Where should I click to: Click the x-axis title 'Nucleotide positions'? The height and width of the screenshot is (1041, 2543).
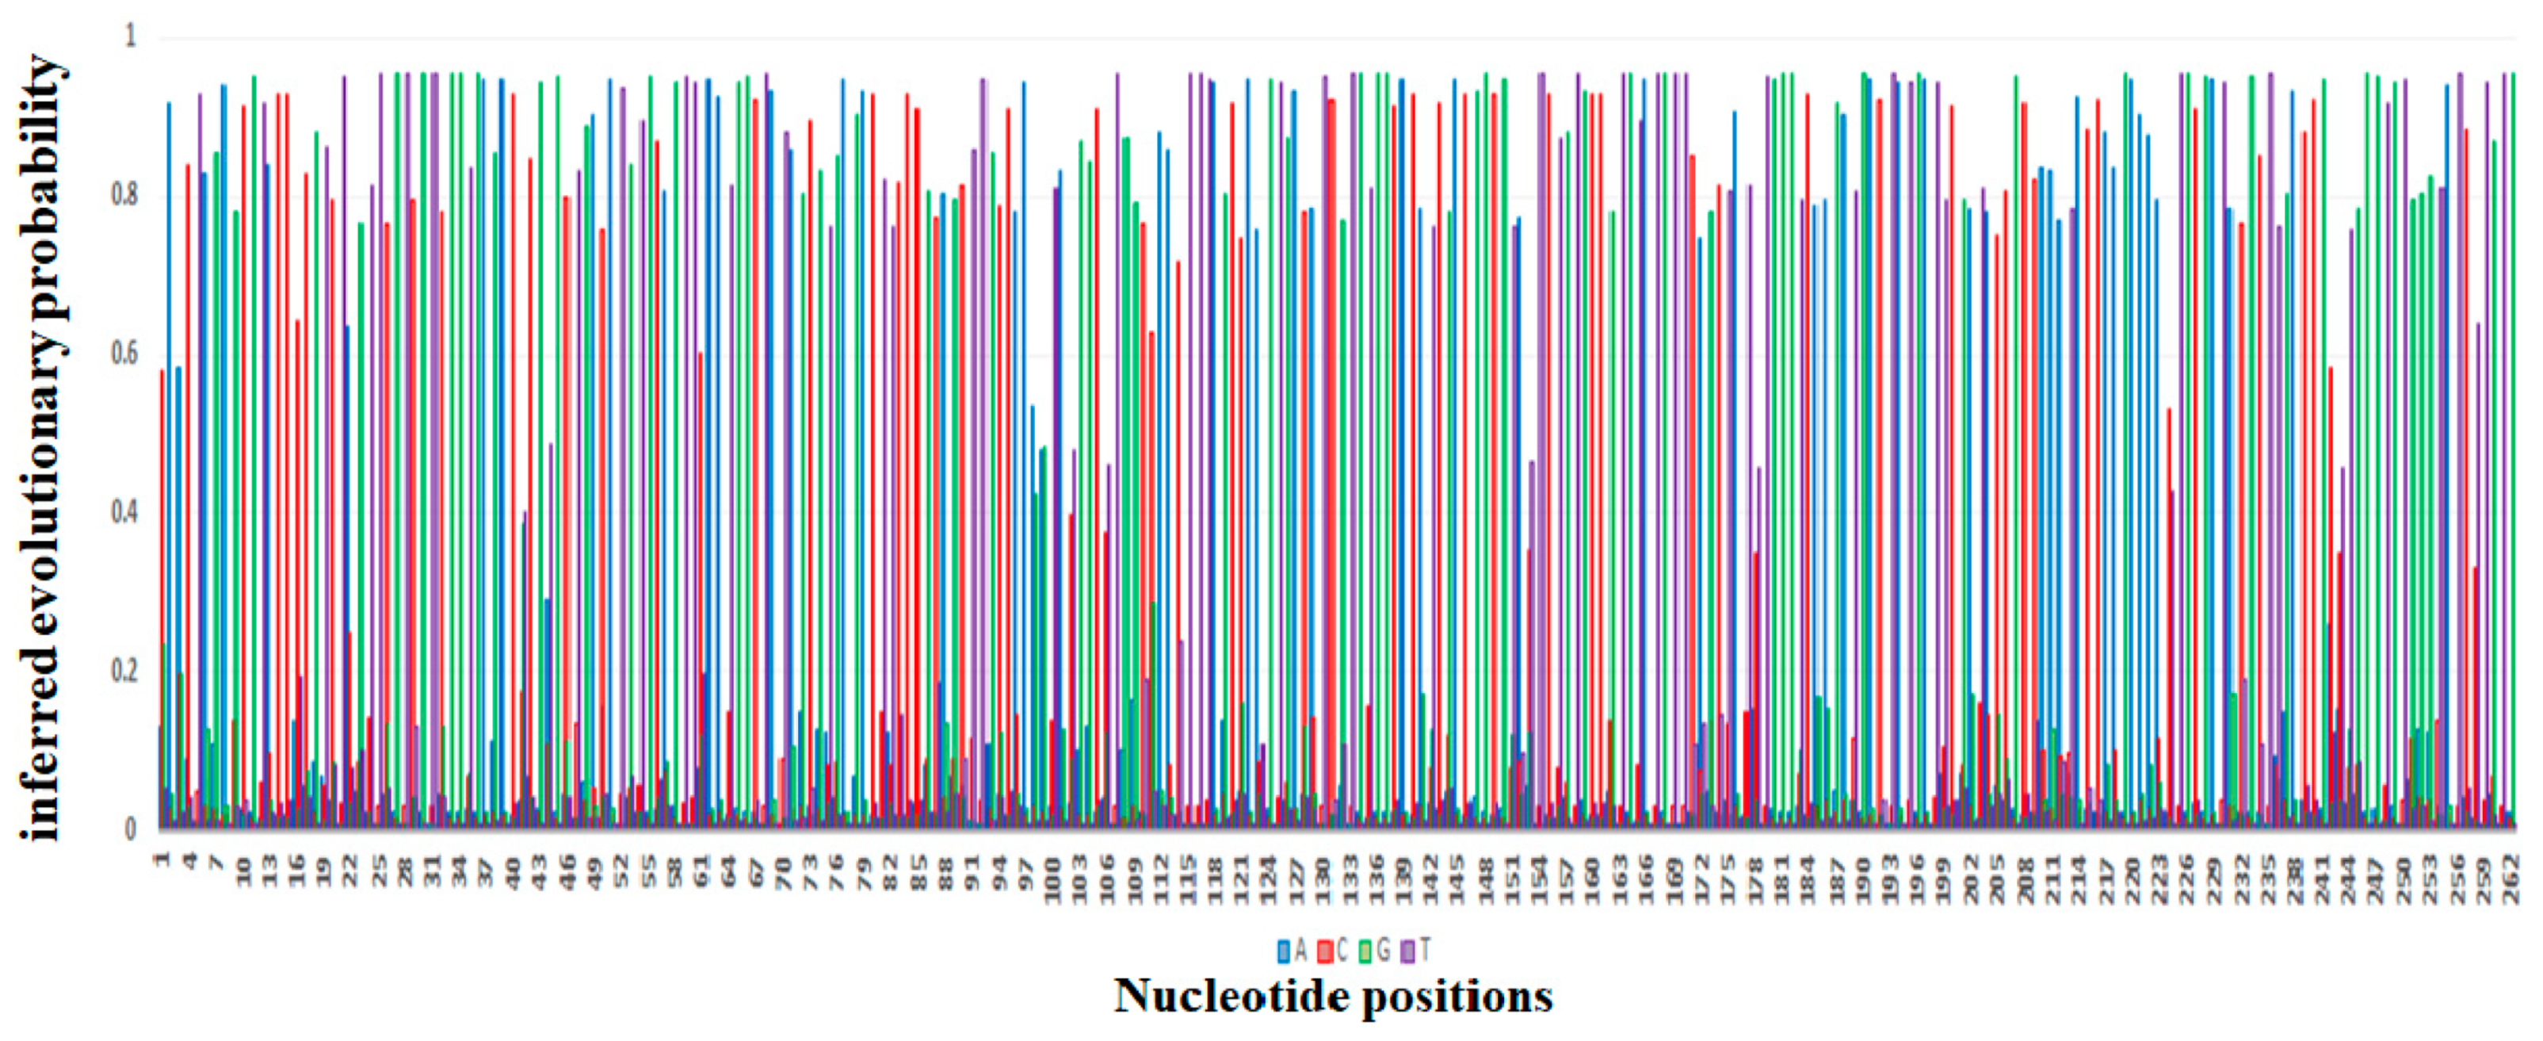point(1333,996)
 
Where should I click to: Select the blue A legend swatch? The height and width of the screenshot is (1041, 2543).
point(1282,951)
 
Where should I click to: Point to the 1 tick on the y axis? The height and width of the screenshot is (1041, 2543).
point(130,37)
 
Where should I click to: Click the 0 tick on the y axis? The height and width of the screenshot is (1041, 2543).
point(130,829)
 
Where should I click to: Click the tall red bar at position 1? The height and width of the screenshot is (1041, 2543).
point(162,592)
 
